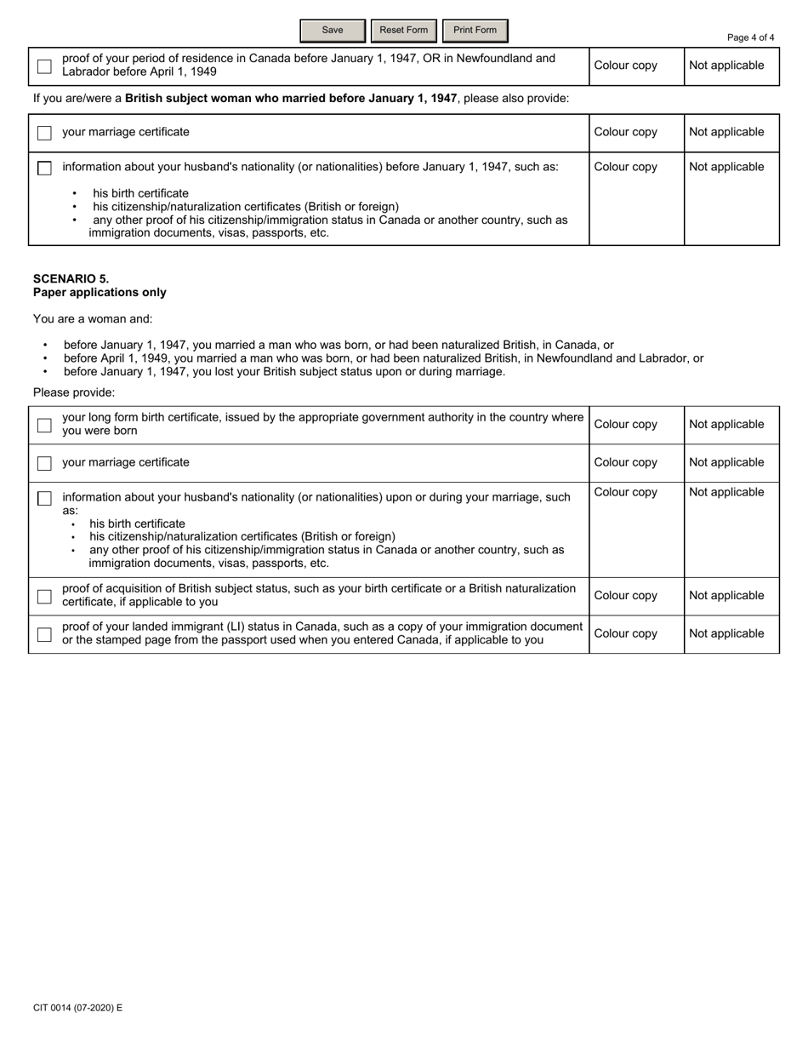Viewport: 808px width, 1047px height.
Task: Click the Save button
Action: coord(333,31)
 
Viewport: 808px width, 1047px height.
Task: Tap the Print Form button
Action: coord(475,31)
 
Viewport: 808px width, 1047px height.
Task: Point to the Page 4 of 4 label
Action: coord(750,37)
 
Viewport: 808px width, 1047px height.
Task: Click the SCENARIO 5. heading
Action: coord(71,278)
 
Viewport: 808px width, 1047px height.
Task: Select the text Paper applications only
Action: coord(100,292)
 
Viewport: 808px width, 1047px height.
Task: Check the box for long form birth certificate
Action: coord(44,425)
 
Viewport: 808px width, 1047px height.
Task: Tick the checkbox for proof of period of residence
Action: coord(44,66)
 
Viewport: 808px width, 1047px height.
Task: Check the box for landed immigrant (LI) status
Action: coord(44,634)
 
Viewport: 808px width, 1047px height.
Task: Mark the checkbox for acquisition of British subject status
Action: coord(44,596)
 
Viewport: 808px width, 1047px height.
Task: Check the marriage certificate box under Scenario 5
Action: coord(44,463)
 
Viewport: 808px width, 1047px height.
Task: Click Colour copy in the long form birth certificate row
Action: coord(625,424)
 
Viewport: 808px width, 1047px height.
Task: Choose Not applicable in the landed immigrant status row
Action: coord(726,633)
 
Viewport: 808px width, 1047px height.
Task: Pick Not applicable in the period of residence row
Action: coord(726,66)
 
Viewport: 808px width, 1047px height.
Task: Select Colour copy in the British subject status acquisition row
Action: coord(625,595)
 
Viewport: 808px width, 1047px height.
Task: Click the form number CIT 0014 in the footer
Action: coord(77,1008)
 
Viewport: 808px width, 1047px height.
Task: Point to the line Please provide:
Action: coord(74,392)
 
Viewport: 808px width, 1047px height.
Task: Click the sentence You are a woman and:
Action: coord(93,319)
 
